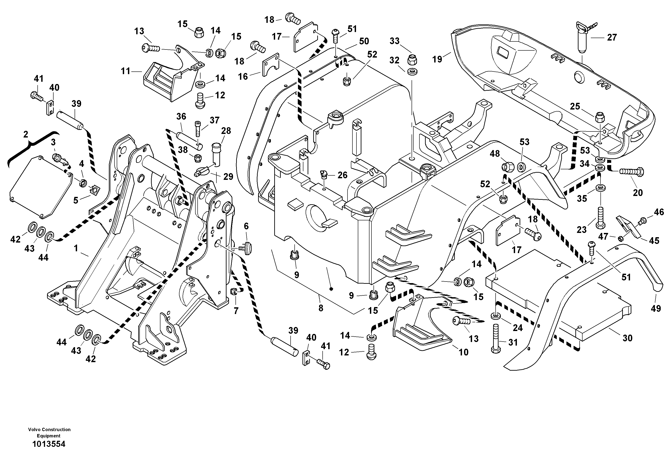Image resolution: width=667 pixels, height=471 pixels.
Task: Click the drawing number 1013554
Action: click(49, 444)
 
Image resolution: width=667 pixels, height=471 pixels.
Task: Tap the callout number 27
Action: click(612, 37)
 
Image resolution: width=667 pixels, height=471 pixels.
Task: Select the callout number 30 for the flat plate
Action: click(628, 338)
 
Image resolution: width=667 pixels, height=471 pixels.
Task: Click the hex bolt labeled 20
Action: click(632, 172)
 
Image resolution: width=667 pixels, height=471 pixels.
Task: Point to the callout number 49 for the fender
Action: click(656, 308)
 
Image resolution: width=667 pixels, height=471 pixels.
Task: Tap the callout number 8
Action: click(321, 308)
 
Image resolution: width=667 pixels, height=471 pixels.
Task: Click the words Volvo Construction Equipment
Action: click(49, 432)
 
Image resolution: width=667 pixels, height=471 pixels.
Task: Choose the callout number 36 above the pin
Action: click(181, 116)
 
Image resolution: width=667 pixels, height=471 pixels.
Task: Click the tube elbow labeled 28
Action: click(216, 153)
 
